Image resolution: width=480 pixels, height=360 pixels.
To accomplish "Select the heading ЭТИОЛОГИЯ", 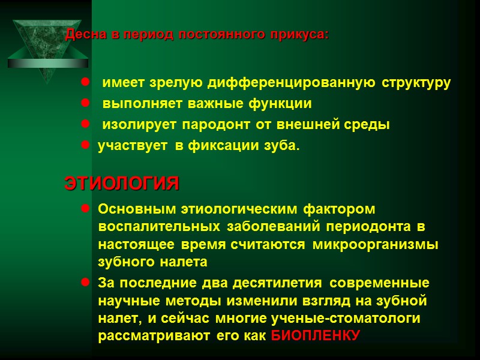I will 122,184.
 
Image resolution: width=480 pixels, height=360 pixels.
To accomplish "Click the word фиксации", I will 223,146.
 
